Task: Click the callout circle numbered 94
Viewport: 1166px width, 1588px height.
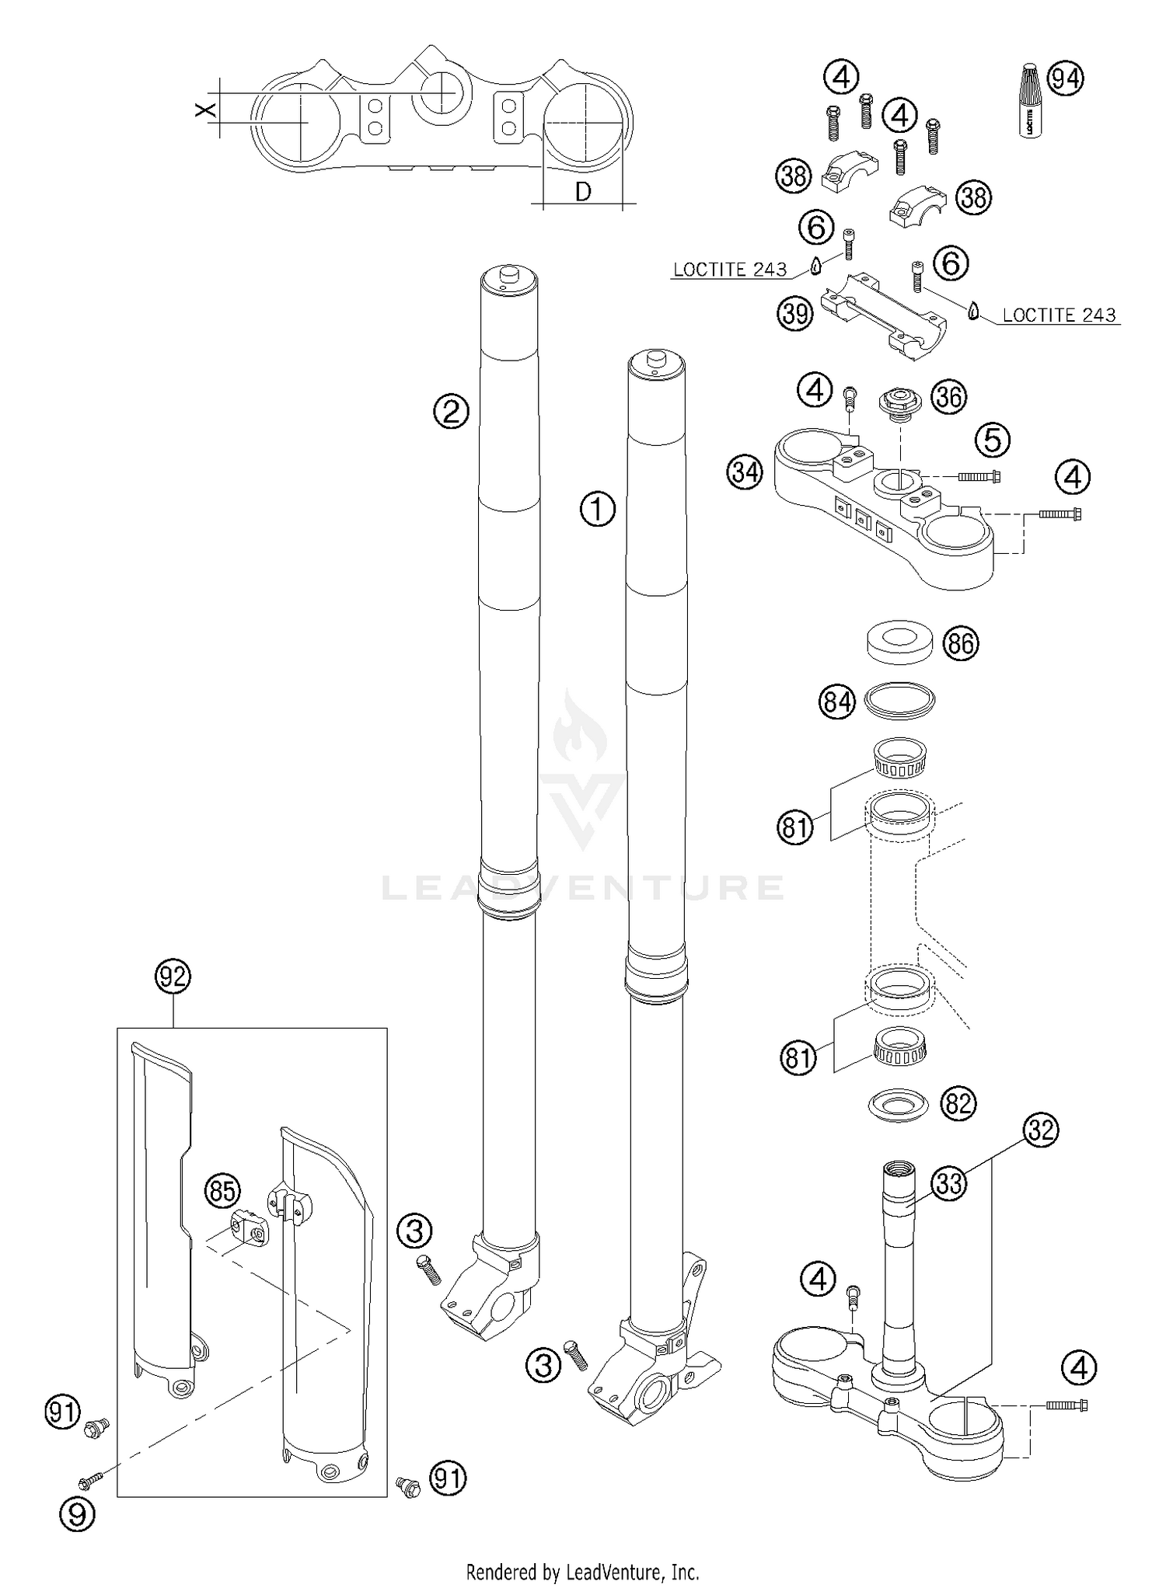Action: [x=1066, y=78]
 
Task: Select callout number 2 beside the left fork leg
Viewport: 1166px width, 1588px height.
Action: [x=451, y=409]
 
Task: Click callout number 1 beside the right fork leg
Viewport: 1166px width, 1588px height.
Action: [x=597, y=510]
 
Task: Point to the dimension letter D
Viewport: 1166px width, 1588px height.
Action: [x=583, y=191]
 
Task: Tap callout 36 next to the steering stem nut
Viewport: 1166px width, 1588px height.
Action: [x=948, y=396]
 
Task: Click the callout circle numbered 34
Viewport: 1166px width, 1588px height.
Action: [x=745, y=472]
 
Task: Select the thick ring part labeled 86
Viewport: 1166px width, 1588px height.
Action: [x=900, y=641]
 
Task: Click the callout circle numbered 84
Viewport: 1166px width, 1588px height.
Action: [x=836, y=702]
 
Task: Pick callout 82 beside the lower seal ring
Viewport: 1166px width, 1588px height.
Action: [x=958, y=1103]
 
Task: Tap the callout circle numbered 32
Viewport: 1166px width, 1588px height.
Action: [x=1041, y=1129]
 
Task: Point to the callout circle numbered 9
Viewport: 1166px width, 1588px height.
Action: [x=77, y=1513]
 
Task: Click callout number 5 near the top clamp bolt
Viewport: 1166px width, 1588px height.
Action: [x=992, y=440]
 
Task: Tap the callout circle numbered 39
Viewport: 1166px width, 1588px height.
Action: [x=794, y=313]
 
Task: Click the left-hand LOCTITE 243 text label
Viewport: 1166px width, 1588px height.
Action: [x=729, y=270]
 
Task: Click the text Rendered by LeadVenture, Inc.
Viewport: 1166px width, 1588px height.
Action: [x=582, y=1571]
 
